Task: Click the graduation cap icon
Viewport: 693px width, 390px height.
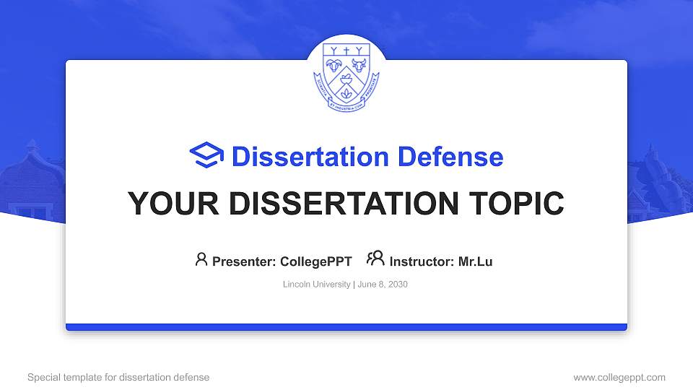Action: click(x=207, y=156)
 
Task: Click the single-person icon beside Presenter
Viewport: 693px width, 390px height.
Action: click(x=201, y=259)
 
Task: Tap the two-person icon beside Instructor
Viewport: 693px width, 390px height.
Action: click(x=375, y=259)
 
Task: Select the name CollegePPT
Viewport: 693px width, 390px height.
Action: click(x=315, y=261)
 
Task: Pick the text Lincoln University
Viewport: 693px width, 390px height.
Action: click(x=317, y=285)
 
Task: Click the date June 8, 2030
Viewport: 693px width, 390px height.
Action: click(x=383, y=285)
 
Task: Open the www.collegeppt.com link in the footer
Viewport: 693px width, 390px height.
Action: click(x=619, y=377)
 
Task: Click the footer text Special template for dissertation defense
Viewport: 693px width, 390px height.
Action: click(x=118, y=377)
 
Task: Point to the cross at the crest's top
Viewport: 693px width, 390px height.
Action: click(x=346, y=51)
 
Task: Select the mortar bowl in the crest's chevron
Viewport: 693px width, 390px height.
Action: click(x=346, y=75)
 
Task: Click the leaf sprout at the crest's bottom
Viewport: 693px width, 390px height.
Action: click(x=346, y=94)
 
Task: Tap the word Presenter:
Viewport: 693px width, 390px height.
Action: click(x=240, y=261)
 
